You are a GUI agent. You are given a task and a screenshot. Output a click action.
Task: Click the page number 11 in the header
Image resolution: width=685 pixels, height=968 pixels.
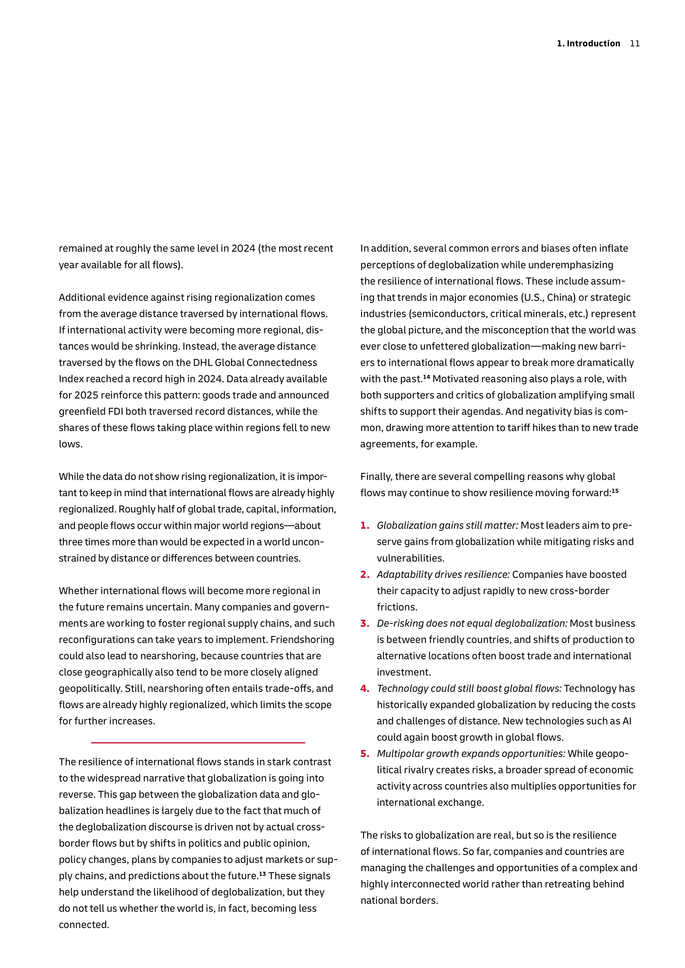(x=634, y=43)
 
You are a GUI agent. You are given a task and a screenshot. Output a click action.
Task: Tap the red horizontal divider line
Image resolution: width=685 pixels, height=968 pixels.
(x=198, y=743)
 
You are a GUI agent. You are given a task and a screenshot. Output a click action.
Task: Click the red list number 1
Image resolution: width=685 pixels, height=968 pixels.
(x=364, y=525)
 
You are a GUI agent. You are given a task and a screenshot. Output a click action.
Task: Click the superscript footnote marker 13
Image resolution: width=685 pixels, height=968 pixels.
(x=262, y=874)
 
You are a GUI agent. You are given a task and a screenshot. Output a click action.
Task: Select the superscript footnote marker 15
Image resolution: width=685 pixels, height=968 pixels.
(x=615, y=491)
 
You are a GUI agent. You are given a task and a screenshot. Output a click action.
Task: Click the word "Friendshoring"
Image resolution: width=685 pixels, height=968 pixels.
(x=302, y=640)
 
